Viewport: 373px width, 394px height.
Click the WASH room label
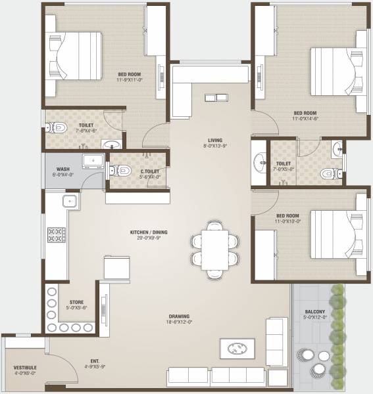click(63, 169)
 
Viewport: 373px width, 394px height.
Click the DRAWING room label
click(179, 315)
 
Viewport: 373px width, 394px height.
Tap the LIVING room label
click(214, 140)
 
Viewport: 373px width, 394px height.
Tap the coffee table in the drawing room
click(236, 347)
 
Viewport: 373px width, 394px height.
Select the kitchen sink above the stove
click(68, 202)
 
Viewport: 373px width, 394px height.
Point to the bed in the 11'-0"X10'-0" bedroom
click(336, 236)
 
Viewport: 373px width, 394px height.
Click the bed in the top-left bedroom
click(76, 56)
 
